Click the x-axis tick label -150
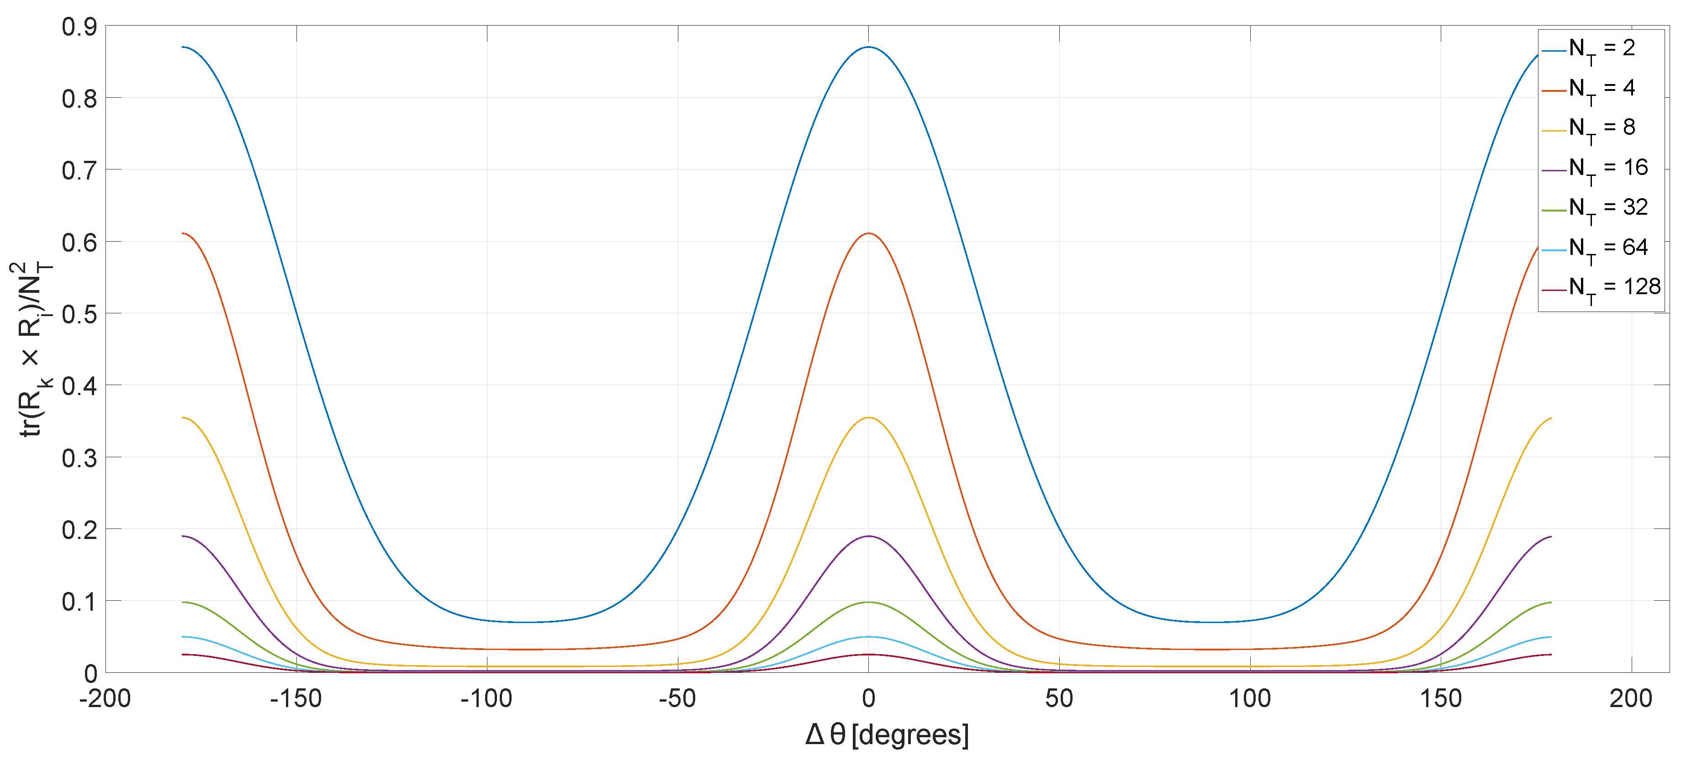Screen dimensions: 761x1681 (296, 699)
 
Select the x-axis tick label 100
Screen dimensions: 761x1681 (1250, 699)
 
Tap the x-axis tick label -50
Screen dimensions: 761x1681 (677, 699)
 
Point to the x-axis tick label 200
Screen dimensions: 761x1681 (1631, 699)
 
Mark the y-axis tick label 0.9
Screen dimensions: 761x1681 (79, 27)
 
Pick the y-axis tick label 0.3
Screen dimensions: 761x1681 (79, 458)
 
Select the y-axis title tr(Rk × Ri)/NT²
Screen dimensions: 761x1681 (32, 349)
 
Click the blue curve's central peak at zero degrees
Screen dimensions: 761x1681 (868, 47)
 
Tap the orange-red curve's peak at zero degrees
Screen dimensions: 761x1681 (868, 234)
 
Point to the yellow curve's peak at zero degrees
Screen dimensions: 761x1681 (868, 417)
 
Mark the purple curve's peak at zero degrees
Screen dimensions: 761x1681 (868, 536)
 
